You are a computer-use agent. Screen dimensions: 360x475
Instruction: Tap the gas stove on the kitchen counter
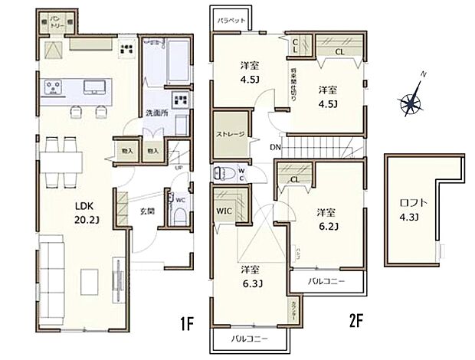[x=55, y=89]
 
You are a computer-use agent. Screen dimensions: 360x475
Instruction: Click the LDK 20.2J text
[x=84, y=212]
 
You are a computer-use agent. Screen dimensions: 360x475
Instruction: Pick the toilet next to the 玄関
[x=178, y=214]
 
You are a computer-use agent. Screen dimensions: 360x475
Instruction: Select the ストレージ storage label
[x=230, y=135]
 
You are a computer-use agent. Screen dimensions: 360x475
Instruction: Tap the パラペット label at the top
[x=231, y=20]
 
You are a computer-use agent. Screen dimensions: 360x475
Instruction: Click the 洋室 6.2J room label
[x=327, y=220]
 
